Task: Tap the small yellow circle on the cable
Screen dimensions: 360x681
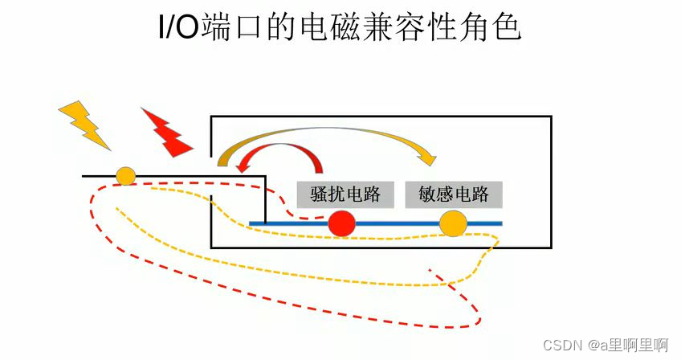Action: tap(125, 176)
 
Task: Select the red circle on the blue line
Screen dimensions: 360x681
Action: tap(341, 223)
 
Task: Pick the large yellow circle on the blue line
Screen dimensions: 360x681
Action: tap(453, 224)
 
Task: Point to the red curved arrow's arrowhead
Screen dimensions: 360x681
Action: tap(244, 168)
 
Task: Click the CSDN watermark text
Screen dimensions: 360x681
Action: tap(562, 345)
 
